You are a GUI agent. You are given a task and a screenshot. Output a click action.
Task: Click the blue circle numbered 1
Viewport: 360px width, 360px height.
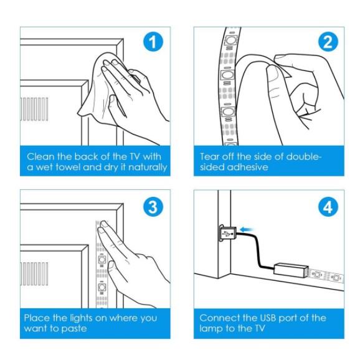153,42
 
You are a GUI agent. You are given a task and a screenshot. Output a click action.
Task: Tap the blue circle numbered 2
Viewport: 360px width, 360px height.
328,42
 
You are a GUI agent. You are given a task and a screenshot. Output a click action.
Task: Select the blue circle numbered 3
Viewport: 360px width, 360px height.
153,207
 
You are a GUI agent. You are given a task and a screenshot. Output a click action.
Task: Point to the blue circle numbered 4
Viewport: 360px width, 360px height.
328,207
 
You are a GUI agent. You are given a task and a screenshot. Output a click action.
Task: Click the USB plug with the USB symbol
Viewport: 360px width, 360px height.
228,234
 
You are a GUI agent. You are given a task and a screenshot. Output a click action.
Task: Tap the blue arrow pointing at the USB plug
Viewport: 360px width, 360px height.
247,229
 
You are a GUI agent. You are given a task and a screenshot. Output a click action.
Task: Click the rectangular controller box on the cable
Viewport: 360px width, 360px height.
291,270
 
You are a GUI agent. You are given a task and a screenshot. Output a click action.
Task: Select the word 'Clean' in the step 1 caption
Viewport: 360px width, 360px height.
40,156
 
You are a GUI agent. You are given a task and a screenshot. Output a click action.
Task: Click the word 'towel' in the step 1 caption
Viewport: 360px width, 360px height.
69,167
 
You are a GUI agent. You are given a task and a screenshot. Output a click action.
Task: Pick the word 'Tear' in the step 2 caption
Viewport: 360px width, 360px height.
209,156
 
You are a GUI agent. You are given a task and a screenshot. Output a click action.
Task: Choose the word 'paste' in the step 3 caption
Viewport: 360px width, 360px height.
74,328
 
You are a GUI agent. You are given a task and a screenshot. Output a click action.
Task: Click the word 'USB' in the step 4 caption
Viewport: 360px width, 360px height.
267,318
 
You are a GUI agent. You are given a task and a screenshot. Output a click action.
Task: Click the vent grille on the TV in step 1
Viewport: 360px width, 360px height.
34,109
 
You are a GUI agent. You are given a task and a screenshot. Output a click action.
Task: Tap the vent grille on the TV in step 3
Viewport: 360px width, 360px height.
34,273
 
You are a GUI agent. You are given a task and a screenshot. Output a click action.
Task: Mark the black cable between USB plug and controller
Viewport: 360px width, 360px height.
258,248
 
